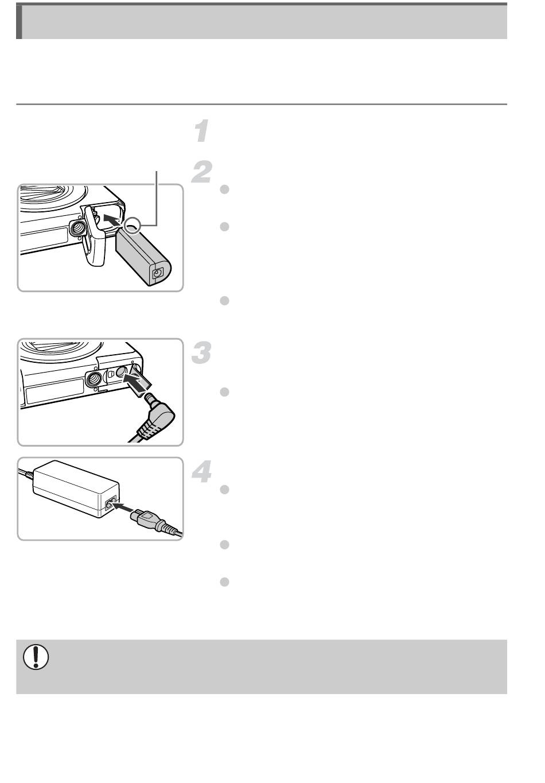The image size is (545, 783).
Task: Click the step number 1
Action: [x=202, y=131]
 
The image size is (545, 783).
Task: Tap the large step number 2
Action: [x=201, y=172]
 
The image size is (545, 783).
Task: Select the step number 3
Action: [x=201, y=352]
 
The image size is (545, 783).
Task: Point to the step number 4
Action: [x=202, y=472]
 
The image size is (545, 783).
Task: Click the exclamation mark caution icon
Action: [x=36, y=657]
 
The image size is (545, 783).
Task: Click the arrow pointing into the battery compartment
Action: [x=112, y=221]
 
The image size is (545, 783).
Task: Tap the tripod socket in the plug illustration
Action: [x=94, y=379]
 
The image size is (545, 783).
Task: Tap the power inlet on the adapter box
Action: [x=111, y=504]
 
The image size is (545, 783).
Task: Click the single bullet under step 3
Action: [x=224, y=392]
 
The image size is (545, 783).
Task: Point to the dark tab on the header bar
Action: [x=19, y=22]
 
